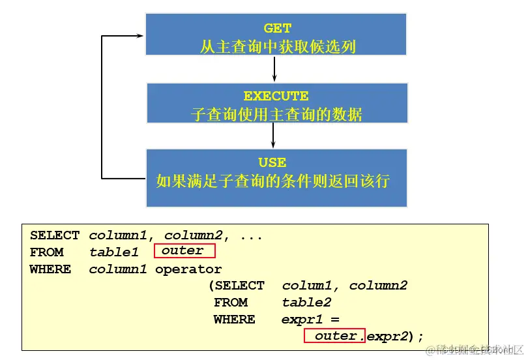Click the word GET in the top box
(277, 28)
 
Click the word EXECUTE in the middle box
(276, 96)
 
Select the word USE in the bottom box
(272, 162)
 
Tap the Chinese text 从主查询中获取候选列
(277, 46)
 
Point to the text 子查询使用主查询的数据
(276, 114)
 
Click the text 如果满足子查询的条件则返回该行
(272, 181)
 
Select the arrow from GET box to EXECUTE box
(274, 68)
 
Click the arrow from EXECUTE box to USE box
(273, 135)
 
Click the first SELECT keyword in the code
(55, 235)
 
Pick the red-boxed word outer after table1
(183, 250)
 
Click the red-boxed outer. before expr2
(335, 336)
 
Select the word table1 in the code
(114, 252)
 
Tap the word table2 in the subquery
(306, 303)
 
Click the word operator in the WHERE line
(188, 269)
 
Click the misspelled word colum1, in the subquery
(312, 286)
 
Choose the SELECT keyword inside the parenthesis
(239, 286)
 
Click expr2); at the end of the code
(395, 337)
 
